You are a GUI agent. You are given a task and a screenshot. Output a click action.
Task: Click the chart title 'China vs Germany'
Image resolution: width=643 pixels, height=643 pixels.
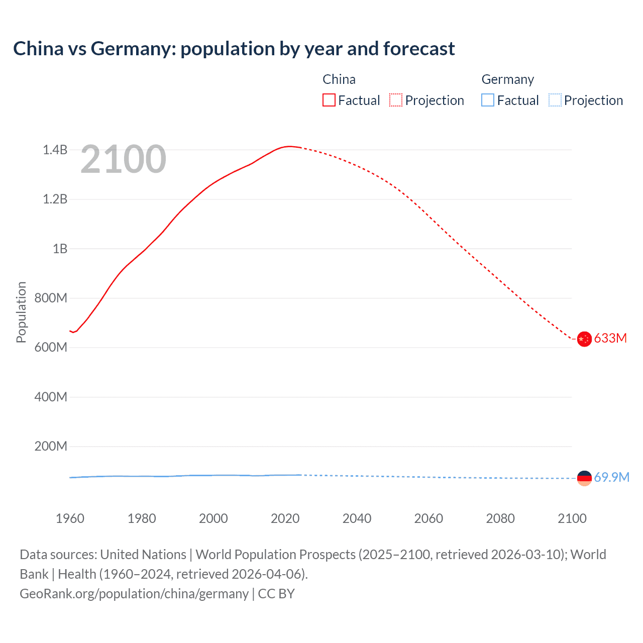point(234,49)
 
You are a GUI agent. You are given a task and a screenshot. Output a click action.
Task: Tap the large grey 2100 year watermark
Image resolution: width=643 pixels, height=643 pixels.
point(123,159)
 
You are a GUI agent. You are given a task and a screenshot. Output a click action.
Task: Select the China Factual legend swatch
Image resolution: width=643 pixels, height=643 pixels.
point(329,100)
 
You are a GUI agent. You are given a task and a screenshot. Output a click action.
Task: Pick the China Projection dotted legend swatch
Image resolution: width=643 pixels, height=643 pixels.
point(396,100)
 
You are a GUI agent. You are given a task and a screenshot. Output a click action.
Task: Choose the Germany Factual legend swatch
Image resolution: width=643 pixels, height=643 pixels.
point(488,100)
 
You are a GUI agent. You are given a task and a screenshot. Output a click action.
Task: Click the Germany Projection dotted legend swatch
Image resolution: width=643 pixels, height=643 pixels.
point(555,100)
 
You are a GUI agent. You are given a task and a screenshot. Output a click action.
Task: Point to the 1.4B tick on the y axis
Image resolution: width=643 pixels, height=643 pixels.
point(55,150)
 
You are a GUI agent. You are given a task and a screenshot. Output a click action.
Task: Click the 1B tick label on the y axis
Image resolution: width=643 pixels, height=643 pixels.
point(60,249)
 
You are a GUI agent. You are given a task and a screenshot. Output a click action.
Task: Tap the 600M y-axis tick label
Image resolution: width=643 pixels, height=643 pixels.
point(51,347)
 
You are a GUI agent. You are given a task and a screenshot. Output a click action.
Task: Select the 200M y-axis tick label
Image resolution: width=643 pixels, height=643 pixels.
point(51,446)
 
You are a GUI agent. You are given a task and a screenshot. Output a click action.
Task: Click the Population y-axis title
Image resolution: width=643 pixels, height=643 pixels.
point(21,312)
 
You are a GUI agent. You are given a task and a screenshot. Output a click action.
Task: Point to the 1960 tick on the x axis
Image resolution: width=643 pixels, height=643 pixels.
point(70,518)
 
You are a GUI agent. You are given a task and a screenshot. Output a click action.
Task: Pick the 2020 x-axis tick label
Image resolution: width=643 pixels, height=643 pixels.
point(285,518)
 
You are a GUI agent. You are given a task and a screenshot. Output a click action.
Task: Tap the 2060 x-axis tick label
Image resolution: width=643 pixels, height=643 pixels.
point(428,518)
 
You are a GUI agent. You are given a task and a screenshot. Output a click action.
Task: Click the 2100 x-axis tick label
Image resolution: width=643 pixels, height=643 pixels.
point(572,518)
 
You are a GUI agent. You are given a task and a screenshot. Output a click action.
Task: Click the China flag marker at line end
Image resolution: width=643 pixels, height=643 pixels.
point(584,339)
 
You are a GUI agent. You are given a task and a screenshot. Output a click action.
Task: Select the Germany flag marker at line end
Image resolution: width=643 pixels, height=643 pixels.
point(584,478)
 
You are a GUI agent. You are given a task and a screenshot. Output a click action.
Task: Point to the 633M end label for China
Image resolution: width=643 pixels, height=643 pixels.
point(610,339)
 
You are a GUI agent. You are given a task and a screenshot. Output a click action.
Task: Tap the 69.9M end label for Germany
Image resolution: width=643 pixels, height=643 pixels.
point(611,477)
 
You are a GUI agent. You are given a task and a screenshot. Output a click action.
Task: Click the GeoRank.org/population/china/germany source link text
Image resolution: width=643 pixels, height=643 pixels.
point(134,594)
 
